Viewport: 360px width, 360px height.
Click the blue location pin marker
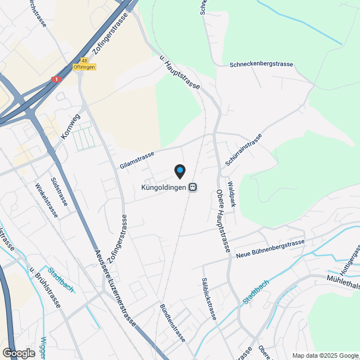point(179,170)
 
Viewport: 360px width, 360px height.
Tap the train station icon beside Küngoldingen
point(193,187)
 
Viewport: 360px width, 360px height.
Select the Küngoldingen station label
point(163,187)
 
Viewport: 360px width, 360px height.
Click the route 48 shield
point(84,60)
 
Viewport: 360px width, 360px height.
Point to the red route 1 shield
point(56,80)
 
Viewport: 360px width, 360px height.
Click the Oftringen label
point(84,67)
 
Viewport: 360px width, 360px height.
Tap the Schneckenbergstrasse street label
point(261,65)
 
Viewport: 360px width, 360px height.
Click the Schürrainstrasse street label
point(244,150)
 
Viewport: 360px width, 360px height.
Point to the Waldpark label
point(231,194)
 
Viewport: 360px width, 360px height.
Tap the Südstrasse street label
point(59,191)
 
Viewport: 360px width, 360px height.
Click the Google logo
point(19,353)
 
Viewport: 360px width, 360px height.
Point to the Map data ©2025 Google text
point(325,355)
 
